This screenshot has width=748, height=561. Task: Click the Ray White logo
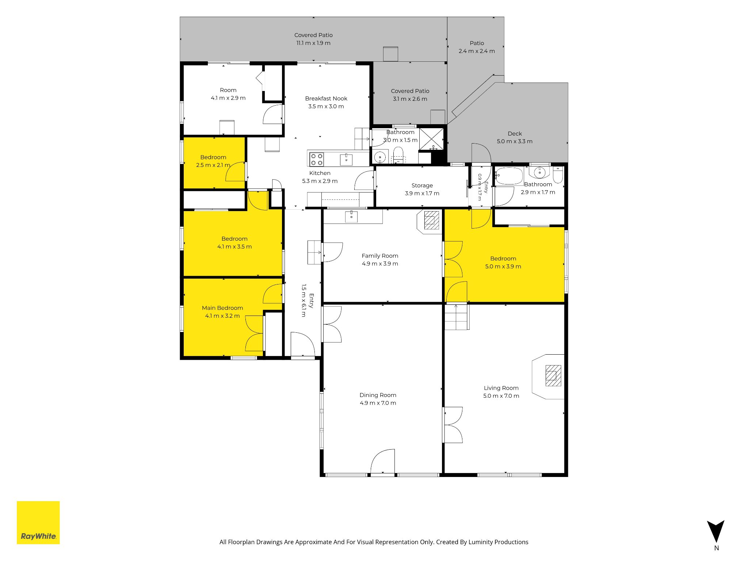[38, 522]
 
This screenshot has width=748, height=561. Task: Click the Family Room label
[380, 256]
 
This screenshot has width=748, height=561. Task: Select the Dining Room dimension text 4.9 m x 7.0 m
[378, 403]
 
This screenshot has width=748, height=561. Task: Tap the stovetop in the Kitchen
[316, 159]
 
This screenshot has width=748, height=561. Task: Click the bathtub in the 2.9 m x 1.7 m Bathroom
[509, 176]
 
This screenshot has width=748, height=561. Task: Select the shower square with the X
[431, 139]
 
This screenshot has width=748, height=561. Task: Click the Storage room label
[422, 186]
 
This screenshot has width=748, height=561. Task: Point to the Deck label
[515, 134]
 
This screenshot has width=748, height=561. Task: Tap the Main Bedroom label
[222, 308]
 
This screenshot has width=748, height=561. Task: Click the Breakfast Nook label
[326, 98]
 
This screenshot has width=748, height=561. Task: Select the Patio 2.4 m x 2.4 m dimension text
[477, 51]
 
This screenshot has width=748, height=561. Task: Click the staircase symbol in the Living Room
[457, 317]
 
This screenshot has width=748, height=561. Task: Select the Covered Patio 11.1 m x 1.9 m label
[313, 39]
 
